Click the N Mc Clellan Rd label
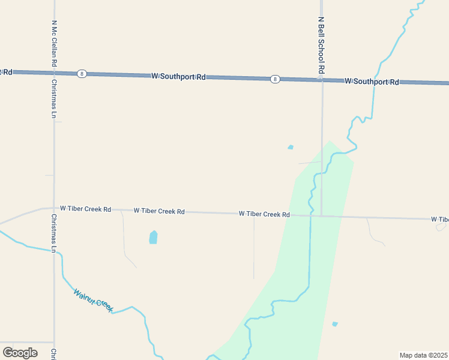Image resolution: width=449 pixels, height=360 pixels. point(54,44)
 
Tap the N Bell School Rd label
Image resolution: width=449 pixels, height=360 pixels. point(321,45)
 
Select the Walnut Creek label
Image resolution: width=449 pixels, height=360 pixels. point(93,301)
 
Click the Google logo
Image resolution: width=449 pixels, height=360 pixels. point(20,352)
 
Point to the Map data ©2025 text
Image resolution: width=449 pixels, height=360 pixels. point(424,355)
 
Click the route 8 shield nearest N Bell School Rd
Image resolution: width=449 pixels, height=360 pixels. point(274,79)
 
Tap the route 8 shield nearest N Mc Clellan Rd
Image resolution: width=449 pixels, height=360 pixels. point(82,74)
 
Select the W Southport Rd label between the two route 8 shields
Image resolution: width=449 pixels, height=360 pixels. point(178,77)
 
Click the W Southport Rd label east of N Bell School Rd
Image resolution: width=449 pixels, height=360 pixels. point(372,82)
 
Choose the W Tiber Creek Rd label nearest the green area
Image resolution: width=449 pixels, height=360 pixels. point(264,214)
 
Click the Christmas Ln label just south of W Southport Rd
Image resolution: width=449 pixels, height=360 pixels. point(54,99)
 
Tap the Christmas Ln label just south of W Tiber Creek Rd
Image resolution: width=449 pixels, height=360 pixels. point(54,233)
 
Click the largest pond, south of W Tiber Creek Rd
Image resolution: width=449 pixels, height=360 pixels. point(153,238)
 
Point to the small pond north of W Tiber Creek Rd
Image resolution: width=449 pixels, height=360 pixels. point(291,147)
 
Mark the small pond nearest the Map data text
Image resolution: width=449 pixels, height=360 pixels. point(335,324)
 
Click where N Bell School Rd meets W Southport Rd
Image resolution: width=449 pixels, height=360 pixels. point(322,80)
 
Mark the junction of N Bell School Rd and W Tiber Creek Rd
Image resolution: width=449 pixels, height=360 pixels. point(322,215)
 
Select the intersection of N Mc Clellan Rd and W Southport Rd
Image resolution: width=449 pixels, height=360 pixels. point(55,73)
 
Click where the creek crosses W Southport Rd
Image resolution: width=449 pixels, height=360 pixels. point(376,82)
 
